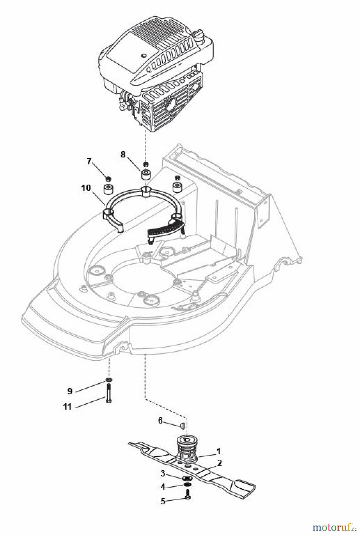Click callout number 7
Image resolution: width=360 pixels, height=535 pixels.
tap(89, 161)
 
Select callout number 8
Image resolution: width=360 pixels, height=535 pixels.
tap(123, 154)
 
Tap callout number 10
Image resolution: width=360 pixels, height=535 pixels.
tap(86, 188)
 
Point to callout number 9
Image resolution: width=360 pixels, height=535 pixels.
tap(70, 391)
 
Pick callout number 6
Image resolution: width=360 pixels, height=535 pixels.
tap(161, 421)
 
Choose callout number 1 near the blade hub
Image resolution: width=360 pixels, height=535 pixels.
tap(218, 451)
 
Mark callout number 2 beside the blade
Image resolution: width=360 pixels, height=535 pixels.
tap(219, 463)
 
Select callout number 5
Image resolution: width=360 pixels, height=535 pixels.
tap(163, 501)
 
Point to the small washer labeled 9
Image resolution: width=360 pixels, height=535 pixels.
tap(109, 381)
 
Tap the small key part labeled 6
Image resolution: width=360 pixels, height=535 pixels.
tap(182, 425)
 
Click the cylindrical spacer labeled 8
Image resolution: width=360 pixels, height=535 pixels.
tap(146, 174)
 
